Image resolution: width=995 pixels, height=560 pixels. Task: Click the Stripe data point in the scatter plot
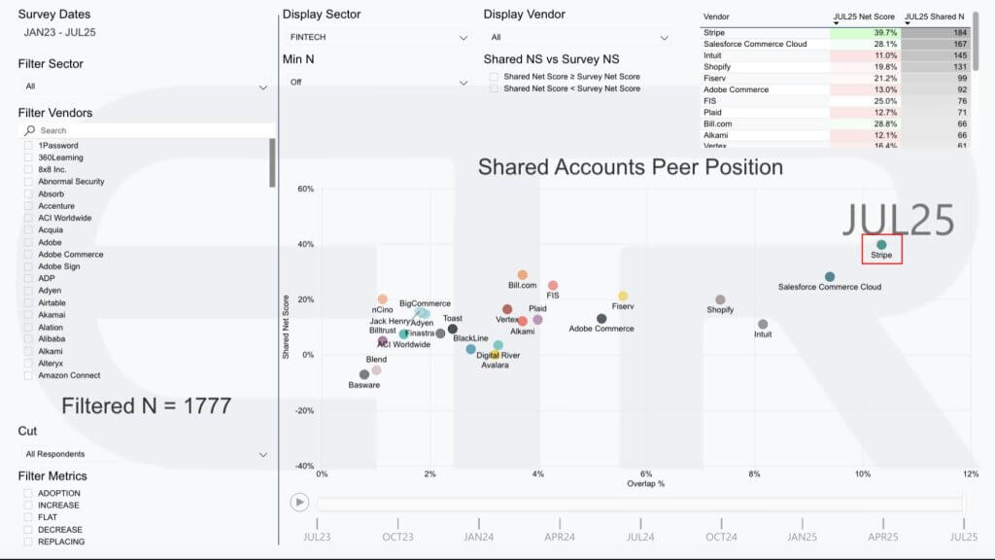click(x=881, y=245)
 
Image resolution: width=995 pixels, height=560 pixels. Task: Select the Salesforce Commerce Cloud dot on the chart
click(x=830, y=277)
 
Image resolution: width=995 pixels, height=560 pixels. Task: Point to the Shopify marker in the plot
click(x=720, y=300)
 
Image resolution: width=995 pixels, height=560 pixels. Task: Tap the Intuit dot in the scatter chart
click(x=763, y=325)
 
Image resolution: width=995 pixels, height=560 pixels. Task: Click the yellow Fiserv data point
click(x=623, y=297)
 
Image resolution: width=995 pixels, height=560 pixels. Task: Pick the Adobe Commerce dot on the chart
click(x=601, y=319)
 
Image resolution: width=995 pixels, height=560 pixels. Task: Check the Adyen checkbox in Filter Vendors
click(x=28, y=291)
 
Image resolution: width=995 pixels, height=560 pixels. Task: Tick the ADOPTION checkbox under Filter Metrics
click(x=28, y=493)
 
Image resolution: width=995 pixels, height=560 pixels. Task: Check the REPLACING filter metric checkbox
click(x=28, y=542)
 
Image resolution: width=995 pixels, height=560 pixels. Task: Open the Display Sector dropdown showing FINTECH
click(x=379, y=38)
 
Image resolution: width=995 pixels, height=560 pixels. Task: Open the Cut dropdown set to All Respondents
click(x=146, y=454)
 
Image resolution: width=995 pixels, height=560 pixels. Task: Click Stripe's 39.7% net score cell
click(x=865, y=33)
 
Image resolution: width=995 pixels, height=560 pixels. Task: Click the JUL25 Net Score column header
click(x=864, y=17)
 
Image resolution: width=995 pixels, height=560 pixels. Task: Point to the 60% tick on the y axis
click(x=304, y=189)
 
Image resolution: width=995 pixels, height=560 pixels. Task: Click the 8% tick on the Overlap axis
click(x=754, y=473)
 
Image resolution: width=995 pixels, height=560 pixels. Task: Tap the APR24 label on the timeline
click(x=559, y=536)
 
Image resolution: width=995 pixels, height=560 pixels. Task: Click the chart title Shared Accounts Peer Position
click(x=630, y=167)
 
